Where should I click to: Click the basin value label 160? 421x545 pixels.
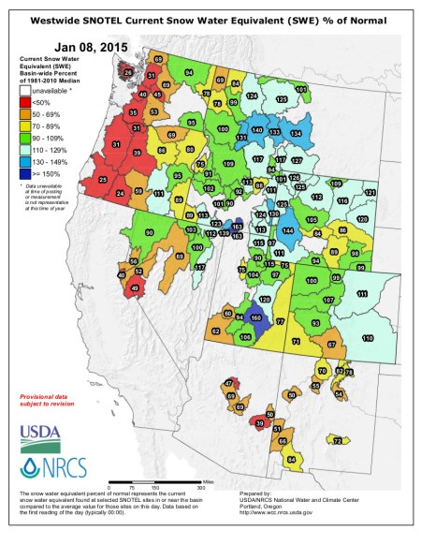(256, 317)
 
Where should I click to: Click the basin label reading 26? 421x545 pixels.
(128, 71)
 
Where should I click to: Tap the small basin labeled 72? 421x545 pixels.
(337, 440)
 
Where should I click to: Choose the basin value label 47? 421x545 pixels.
(228, 384)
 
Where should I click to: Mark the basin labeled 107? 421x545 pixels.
(327, 300)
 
